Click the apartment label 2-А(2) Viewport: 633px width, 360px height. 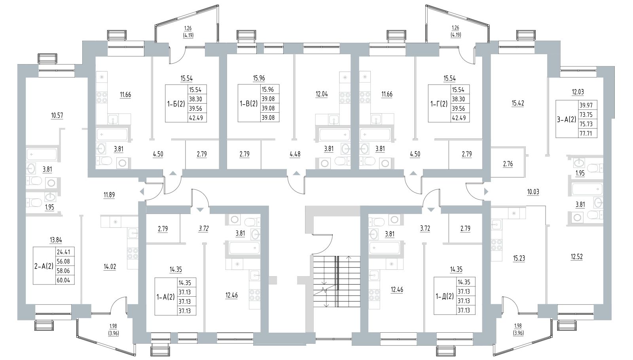point(44,266)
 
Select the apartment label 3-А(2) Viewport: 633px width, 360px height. point(567,119)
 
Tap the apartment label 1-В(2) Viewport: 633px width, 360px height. point(248,104)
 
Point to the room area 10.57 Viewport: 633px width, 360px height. point(57,116)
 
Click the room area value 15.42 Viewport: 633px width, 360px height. point(517,103)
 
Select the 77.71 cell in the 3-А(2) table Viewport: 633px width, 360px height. point(588,133)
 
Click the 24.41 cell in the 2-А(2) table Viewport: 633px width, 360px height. point(64,251)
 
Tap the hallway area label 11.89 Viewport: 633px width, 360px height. point(109,195)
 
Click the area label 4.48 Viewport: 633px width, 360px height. point(295,154)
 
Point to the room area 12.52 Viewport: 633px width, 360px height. point(576,257)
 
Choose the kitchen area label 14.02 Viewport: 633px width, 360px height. point(110,267)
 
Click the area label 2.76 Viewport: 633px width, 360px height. point(508,164)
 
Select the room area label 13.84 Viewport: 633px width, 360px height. point(56,240)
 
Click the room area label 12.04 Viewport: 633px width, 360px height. point(322,95)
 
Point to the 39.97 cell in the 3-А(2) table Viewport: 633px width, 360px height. point(588,105)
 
